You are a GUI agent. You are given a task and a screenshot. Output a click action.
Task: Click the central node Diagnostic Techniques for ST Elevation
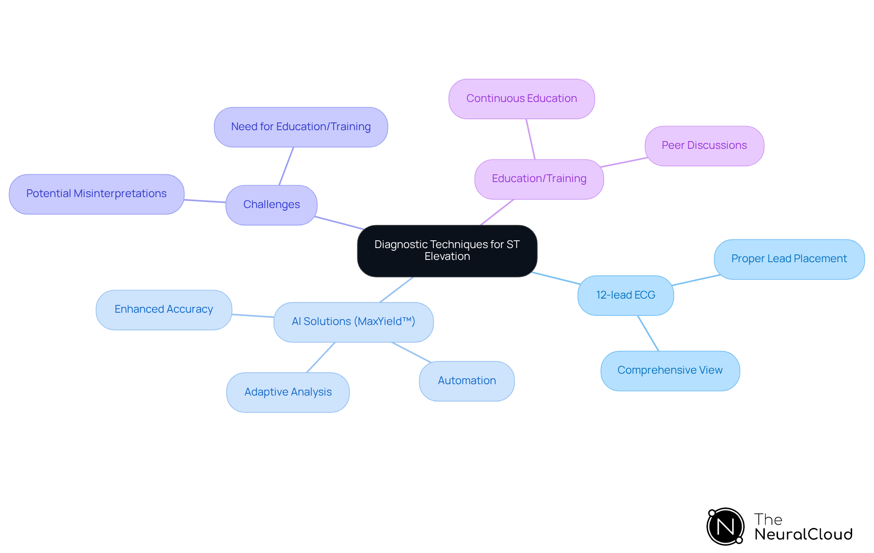point(447,251)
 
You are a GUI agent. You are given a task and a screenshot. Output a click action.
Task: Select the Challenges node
point(271,205)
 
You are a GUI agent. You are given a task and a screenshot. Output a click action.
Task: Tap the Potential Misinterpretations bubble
point(97,194)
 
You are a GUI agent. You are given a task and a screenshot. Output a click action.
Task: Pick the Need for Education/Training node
point(301,127)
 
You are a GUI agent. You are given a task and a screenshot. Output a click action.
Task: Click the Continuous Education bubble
point(522,99)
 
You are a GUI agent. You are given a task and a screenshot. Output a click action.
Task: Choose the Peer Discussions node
point(704,146)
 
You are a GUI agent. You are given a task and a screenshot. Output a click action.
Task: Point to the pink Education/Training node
point(539,179)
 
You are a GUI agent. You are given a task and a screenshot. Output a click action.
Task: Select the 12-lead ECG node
point(625,295)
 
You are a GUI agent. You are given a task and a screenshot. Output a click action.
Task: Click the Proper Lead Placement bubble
point(789,259)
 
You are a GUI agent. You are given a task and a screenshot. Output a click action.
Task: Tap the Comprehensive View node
point(670,370)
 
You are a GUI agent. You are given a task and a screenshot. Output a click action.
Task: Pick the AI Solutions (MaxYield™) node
point(353,322)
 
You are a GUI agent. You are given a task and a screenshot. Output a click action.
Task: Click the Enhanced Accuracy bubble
point(164,309)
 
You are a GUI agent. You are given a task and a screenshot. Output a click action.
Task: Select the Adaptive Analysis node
point(288,392)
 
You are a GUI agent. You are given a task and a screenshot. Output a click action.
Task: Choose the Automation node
point(467,381)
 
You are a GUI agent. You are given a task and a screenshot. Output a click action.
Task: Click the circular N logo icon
point(725,527)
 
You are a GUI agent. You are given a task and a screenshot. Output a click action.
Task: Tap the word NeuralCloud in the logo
point(803,534)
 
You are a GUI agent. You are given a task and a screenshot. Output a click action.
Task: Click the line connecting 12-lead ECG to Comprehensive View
point(648,333)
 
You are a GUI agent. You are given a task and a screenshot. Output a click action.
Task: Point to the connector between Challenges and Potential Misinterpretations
point(205,201)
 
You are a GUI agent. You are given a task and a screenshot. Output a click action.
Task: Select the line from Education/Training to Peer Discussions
point(624,162)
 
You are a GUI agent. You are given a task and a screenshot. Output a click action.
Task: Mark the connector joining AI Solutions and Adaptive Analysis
point(321,357)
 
